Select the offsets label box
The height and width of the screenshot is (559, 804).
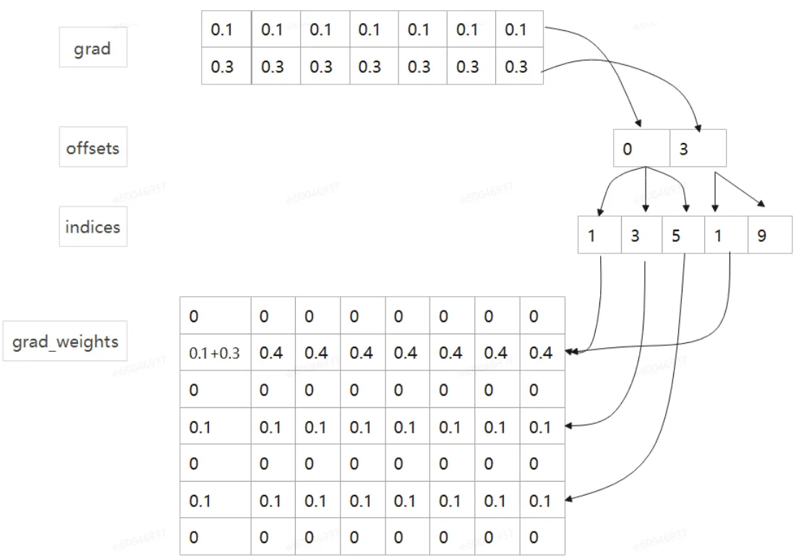(x=93, y=148)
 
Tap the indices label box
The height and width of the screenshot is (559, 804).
(x=93, y=227)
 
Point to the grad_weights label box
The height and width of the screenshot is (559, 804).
(x=65, y=341)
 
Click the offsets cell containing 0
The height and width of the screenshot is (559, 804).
(x=641, y=149)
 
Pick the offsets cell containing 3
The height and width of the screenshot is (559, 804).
(x=698, y=149)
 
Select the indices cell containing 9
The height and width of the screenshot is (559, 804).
(x=770, y=235)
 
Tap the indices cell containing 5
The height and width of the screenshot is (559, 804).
(x=683, y=235)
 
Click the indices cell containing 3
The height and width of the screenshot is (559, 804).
(x=641, y=235)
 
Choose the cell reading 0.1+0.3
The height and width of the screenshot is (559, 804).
(x=215, y=353)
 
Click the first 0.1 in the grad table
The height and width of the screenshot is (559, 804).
(x=226, y=30)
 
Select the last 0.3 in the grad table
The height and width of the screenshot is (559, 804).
(x=519, y=66)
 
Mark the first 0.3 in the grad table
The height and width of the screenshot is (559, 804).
(x=226, y=66)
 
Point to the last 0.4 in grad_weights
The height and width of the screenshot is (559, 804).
(x=541, y=353)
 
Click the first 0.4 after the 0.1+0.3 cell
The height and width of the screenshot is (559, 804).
(x=271, y=353)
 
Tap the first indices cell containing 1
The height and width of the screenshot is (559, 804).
(x=599, y=235)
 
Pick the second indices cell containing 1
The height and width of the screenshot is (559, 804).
(x=726, y=235)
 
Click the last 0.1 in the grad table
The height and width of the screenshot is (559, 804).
(x=519, y=30)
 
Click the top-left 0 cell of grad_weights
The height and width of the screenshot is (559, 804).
(x=215, y=316)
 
